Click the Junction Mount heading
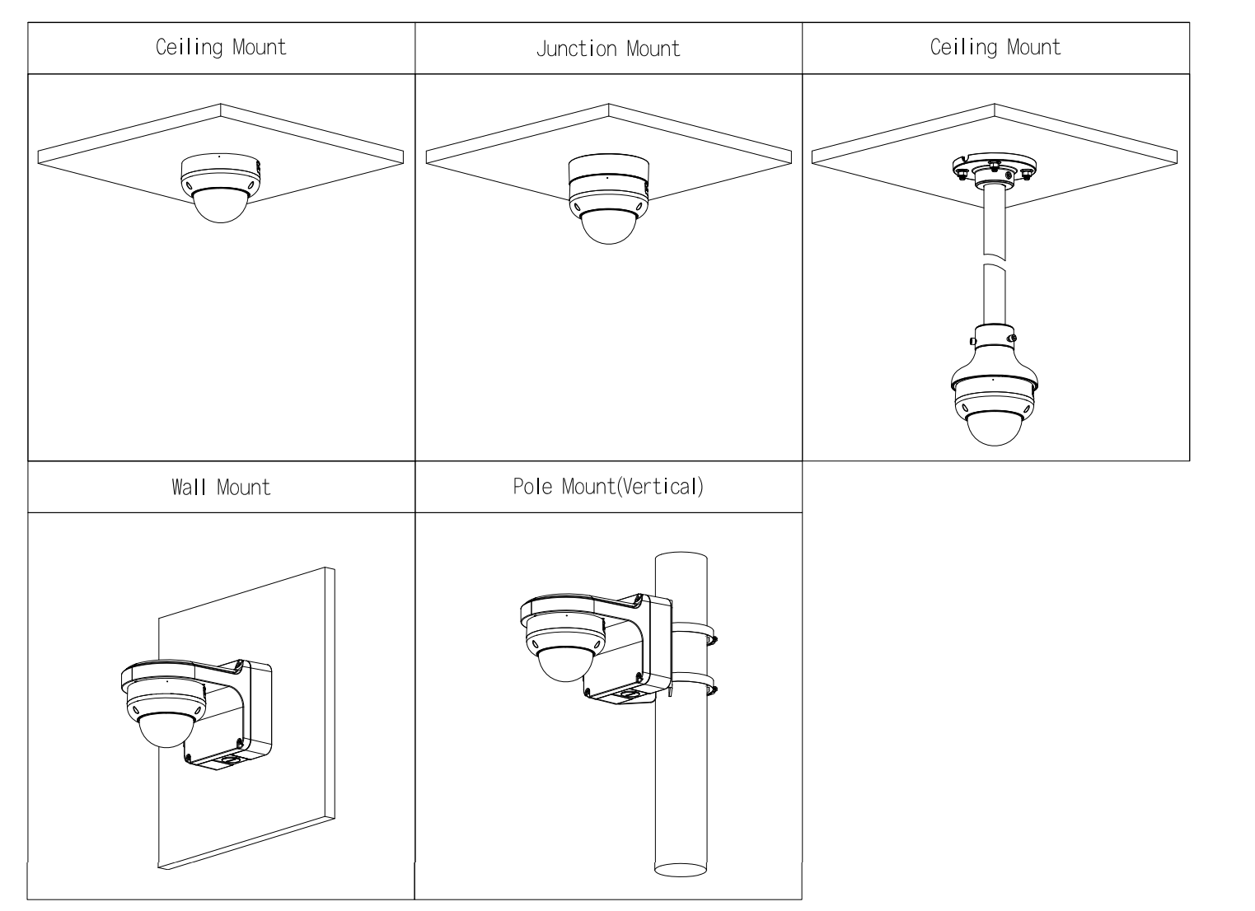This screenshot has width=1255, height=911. pos(608,49)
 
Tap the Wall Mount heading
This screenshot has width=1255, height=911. pos(221,487)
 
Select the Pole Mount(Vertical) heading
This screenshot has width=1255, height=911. pos(608,486)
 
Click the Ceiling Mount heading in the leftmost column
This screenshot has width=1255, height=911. pos(221,47)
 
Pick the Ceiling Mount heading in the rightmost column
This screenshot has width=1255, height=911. pos(995,47)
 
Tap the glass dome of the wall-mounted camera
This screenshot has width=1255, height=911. pos(166,728)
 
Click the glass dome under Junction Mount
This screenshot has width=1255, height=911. pos(608,224)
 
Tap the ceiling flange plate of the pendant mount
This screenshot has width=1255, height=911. pos(994,168)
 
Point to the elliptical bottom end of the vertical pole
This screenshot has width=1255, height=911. pos(681,868)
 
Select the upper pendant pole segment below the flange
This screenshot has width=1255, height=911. pos(994,218)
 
